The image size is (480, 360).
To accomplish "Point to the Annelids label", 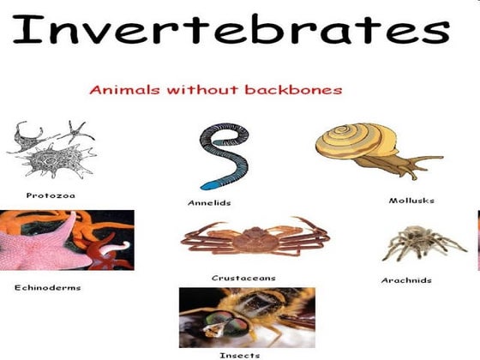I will coord(209,202).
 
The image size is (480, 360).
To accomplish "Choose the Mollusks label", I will coord(411,200).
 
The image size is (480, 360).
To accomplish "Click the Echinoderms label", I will coord(47,287).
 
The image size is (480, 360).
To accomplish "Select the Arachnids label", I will coord(405,280).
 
